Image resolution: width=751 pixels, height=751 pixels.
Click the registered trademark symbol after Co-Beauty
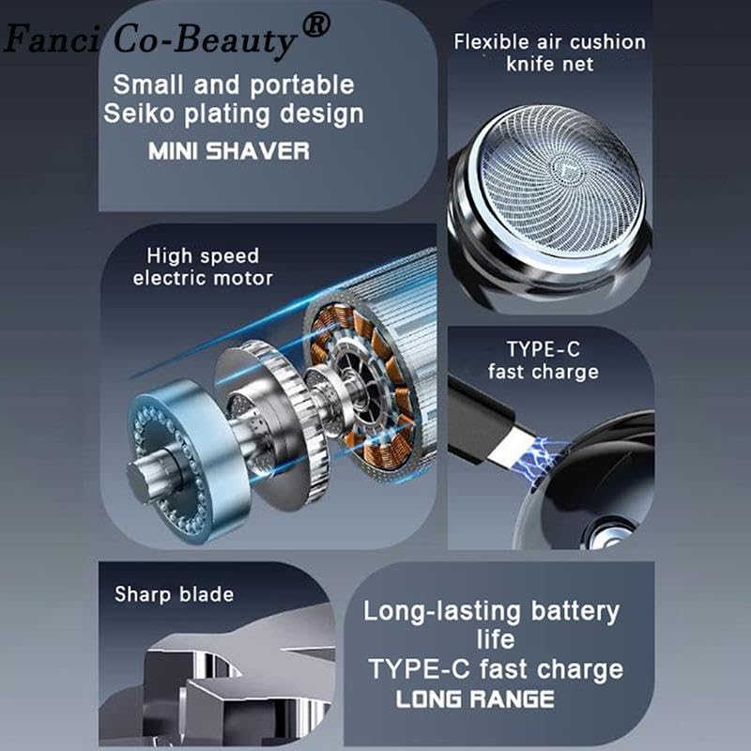click(316, 27)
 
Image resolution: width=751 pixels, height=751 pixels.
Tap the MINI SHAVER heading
click(228, 151)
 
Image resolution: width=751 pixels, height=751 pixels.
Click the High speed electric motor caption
click(203, 267)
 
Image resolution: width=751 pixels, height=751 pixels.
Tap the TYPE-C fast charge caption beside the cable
click(543, 360)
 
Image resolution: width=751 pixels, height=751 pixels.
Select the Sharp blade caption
click(174, 594)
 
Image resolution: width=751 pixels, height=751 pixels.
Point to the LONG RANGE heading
click(475, 699)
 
